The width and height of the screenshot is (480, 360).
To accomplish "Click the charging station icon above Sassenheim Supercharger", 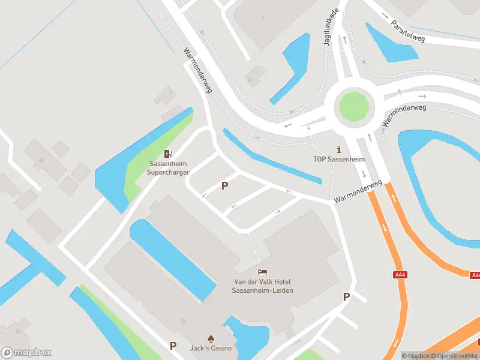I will click(x=169, y=154).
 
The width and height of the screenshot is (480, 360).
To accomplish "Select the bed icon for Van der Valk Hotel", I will click(x=263, y=273).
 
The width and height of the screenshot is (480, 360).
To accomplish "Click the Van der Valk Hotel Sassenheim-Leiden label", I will click(x=263, y=286).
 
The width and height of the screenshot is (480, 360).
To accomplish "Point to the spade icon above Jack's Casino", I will click(x=211, y=338).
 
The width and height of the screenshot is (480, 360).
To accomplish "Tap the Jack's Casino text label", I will click(x=211, y=349).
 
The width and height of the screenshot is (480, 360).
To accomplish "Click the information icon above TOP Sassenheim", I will click(x=339, y=149).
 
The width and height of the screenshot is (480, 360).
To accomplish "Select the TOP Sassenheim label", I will click(x=339, y=160).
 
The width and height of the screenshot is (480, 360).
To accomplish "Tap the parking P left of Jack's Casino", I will click(x=173, y=346).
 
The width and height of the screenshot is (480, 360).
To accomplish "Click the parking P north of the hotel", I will click(x=224, y=186).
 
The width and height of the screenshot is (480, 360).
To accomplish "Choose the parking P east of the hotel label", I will click(x=346, y=296).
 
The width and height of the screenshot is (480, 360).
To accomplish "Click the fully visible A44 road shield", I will click(x=400, y=275).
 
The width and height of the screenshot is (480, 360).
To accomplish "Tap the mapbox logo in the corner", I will click(x=26, y=352).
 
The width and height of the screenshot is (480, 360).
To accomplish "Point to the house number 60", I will click(x=41, y=161).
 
